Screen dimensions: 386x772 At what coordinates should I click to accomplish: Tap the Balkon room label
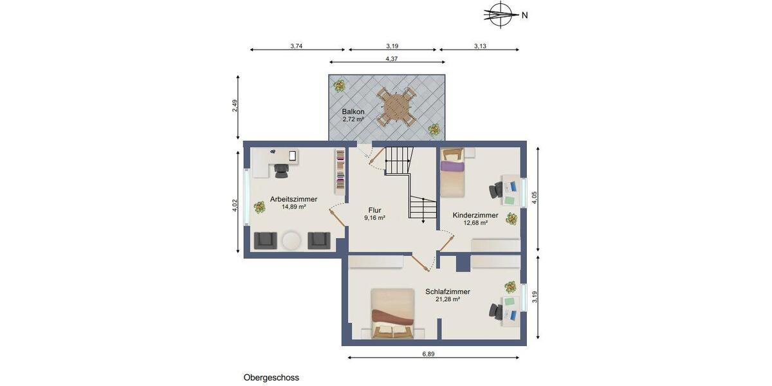point(353,112)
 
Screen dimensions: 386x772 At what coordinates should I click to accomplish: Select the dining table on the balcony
point(395,107)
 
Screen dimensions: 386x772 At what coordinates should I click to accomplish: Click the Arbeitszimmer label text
point(293,199)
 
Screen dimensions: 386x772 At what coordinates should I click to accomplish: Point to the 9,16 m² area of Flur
point(374,218)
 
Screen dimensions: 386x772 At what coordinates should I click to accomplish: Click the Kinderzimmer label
point(475,215)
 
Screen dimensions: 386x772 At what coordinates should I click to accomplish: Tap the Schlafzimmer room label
point(447,291)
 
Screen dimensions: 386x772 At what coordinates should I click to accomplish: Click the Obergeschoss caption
point(271,378)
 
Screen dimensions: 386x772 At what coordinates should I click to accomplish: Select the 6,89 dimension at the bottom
point(433,354)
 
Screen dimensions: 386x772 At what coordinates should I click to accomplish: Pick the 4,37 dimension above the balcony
point(391,59)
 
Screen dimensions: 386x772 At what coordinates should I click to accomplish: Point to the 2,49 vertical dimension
point(235,106)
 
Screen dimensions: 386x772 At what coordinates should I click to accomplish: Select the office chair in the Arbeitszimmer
point(281,170)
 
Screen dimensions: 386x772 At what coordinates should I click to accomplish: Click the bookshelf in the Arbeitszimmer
point(339,171)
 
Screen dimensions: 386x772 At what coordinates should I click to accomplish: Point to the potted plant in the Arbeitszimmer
point(259,207)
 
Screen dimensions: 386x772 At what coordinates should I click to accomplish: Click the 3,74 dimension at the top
point(297,46)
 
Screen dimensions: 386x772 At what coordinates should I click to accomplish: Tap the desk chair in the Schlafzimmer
point(496,310)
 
